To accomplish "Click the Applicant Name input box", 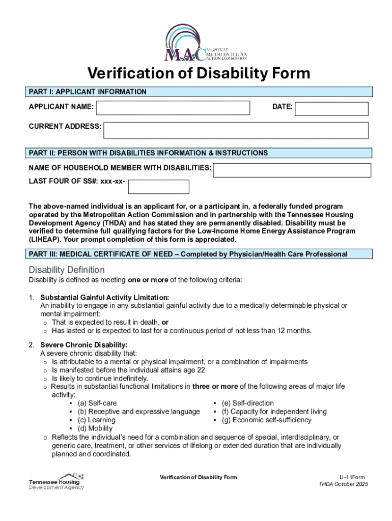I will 173,108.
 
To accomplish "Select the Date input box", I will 331,109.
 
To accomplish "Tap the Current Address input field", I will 236,130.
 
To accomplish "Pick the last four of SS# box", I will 158,187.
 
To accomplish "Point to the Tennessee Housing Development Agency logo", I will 57,481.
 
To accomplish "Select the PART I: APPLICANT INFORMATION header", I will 88,92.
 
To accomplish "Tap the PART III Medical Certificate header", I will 188,254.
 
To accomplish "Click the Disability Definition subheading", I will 67,270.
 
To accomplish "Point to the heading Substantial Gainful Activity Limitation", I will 105,297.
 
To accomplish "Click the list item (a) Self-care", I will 97,403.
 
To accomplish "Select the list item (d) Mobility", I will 95,428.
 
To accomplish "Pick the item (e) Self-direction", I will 247,403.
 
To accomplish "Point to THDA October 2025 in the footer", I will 343,484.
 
